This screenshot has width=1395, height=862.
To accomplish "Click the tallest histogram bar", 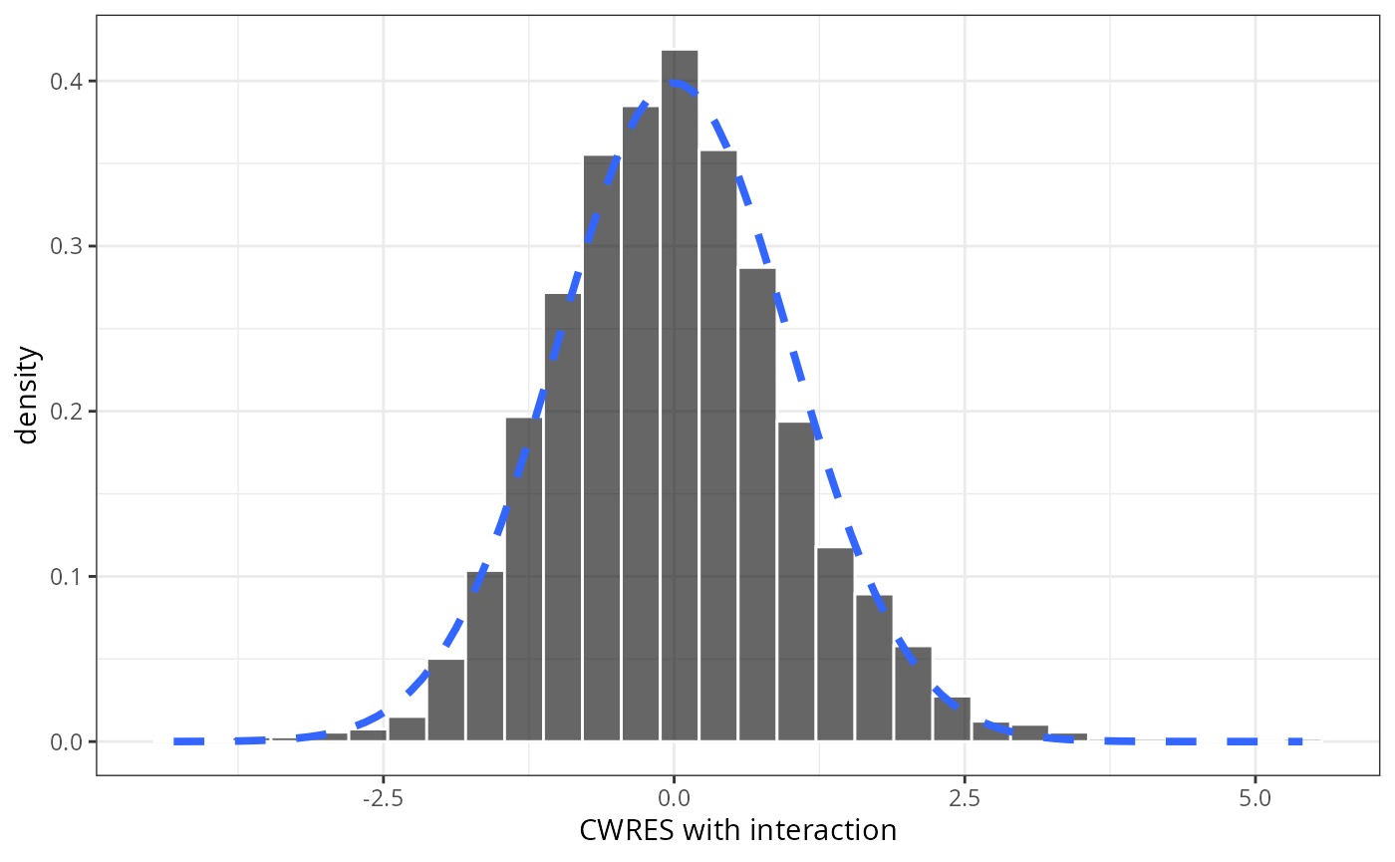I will pos(680,399).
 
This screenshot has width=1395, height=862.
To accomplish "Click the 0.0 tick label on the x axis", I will pos(674,798).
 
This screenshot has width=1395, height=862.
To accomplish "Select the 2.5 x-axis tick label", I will pos(965,798).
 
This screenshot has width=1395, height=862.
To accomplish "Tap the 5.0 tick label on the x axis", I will pos(1255,798).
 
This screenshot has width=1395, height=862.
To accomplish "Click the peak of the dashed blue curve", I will pos(674,82).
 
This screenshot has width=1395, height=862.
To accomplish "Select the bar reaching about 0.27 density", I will pos(563,518).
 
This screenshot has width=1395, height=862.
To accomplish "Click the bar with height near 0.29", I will pos(757,508).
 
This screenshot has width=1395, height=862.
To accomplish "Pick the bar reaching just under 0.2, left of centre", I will pos(524,578).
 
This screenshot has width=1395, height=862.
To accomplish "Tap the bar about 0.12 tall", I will pos(835,648).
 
